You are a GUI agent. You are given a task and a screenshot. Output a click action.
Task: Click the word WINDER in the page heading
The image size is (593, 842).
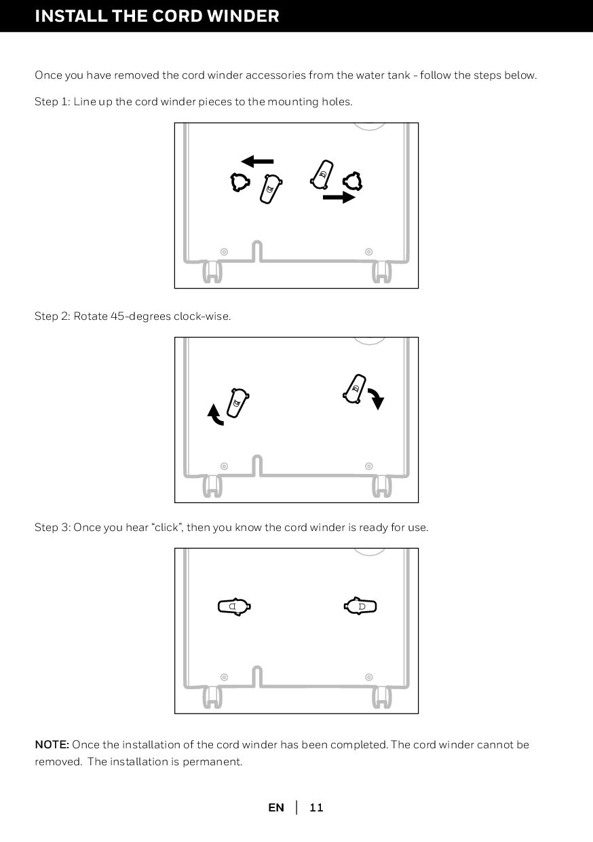[x=243, y=16]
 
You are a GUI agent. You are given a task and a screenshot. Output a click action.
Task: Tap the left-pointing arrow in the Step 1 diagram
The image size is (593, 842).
[x=257, y=162]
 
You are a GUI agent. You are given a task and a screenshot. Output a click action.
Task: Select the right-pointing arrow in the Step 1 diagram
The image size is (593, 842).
[x=339, y=197]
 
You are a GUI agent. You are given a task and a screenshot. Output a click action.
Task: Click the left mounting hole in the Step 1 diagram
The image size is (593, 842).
[x=240, y=182]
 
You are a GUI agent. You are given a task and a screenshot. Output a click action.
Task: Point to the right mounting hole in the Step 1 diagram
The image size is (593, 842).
[x=352, y=181]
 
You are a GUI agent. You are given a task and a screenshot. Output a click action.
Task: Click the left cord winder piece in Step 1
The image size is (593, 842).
[x=271, y=189]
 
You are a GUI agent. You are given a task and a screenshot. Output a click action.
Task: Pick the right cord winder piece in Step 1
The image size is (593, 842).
[x=322, y=175]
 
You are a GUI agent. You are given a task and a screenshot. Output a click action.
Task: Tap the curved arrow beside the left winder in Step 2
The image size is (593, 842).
[x=216, y=415]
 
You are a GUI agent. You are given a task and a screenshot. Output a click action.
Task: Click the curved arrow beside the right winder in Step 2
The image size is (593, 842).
[x=377, y=399]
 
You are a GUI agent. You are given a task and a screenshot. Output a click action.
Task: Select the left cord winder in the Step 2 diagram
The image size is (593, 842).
[x=238, y=403]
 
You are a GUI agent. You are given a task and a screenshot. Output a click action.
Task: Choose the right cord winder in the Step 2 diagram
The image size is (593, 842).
[x=355, y=389]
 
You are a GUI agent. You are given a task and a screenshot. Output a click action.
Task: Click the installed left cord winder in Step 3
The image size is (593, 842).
[x=234, y=606]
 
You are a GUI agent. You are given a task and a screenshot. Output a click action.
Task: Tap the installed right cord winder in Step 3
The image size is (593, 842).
[x=360, y=606]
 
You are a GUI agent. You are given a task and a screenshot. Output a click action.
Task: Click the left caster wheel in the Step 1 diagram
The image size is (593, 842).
[x=212, y=272]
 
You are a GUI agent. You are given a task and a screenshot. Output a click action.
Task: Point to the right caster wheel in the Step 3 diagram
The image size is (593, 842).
[x=382, y=697]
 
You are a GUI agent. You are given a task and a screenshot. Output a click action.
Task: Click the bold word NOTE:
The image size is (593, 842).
[x=52, y=744]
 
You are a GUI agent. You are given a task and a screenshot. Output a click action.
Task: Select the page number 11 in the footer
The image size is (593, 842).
[x=316, y=807]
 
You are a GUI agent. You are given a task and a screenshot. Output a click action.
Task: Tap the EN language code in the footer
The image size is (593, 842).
[x=276, y=807]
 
